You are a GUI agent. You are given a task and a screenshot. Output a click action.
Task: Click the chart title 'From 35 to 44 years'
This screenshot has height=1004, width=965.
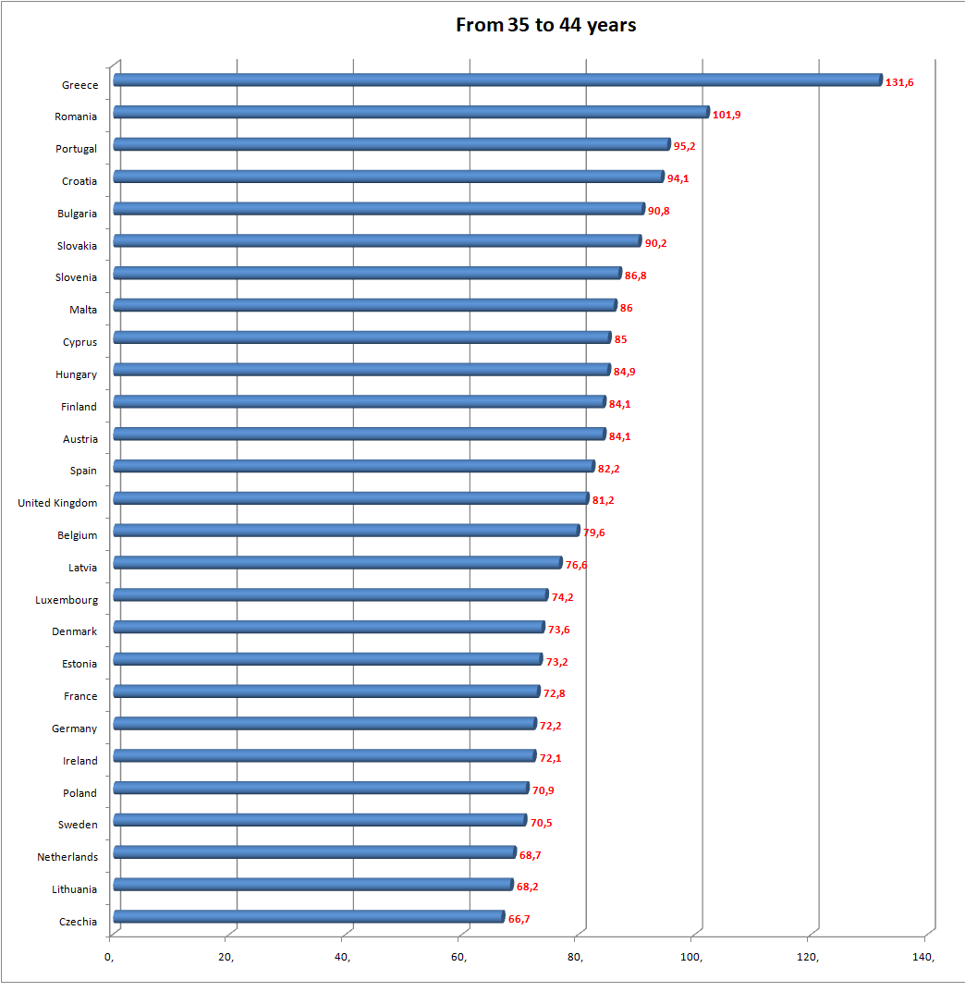(x=545, y=25)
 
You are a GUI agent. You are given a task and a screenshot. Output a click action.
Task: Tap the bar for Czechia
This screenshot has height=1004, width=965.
(x=309, y=917)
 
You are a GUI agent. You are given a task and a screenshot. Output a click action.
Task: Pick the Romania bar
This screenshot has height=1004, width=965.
(x=410, y=113)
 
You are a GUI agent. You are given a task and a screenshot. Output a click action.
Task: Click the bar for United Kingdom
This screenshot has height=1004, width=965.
(x=350, y=498)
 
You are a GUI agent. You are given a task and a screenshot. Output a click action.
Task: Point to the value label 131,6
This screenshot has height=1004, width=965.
(x=899, y=82)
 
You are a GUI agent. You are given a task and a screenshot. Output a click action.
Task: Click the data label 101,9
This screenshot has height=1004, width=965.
(x=727, y=115)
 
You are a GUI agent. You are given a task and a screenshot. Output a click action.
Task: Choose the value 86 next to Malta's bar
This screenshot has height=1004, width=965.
(x=627, y=308)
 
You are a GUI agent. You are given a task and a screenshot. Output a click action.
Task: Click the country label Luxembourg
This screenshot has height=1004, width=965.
(x=67, y=600)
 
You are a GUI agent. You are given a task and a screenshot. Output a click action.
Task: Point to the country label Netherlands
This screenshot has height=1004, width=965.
(x=67, y=857)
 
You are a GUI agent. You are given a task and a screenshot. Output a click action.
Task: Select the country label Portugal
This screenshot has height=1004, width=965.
(x=76, y=149)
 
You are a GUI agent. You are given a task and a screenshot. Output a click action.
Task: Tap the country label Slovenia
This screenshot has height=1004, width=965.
(x=76, y=277)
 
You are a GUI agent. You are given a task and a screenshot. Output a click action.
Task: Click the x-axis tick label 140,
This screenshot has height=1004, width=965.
(x=924, y=957)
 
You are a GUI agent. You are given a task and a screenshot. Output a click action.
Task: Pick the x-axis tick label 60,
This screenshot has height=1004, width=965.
(x=458, y=957)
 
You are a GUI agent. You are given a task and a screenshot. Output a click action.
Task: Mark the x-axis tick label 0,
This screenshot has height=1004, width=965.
(x=110, y=957)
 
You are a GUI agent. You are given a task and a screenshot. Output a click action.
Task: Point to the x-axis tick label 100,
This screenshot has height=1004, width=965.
(x=691, y=957)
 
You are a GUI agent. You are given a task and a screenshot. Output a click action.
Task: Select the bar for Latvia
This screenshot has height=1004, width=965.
(x=337, y=563)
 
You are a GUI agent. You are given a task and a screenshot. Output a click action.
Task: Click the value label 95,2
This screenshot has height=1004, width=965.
(x=684, y=146)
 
